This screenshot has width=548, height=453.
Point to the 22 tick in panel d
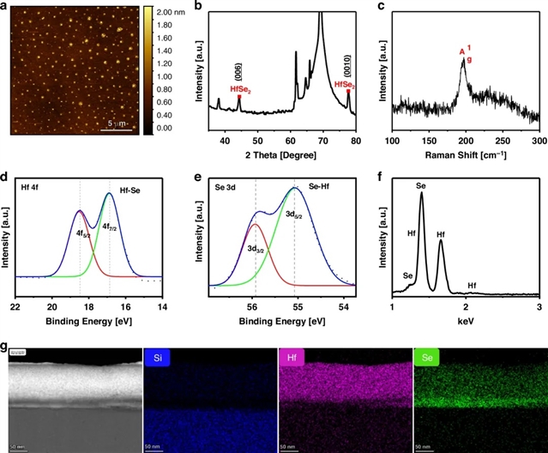[16, 307]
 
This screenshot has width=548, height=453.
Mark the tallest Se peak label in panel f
[421, 185]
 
